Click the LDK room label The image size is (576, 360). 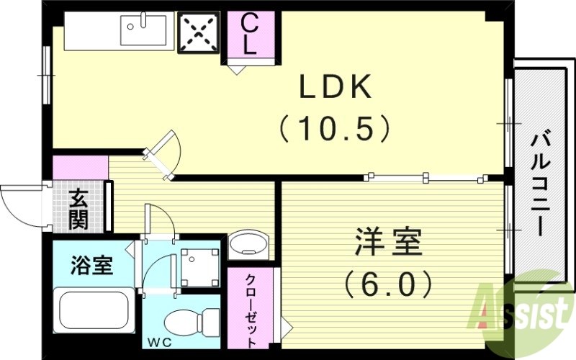(336, 89)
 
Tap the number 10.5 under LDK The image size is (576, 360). (336, 129)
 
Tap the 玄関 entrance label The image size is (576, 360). (79, 209)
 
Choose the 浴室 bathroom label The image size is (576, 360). (91, 265)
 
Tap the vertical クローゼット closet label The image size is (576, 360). (251, 310)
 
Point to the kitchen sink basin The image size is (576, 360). (143, 31)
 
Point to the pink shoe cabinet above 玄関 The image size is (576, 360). (80, 167)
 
